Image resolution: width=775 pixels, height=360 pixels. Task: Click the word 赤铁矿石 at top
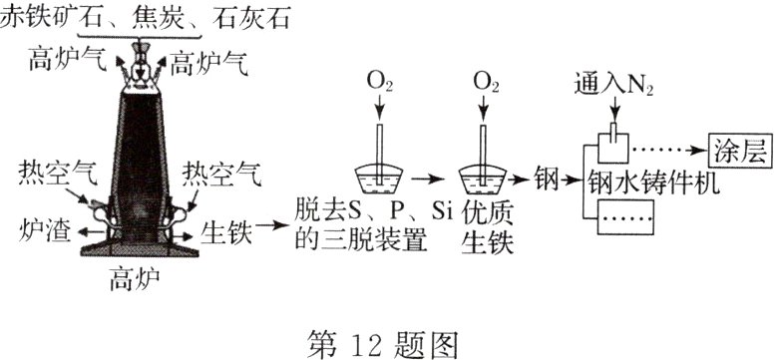(47, 17)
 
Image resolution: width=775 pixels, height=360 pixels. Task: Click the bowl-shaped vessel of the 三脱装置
(380, 177)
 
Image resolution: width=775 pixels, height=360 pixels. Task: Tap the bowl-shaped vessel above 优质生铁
(485, 177)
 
